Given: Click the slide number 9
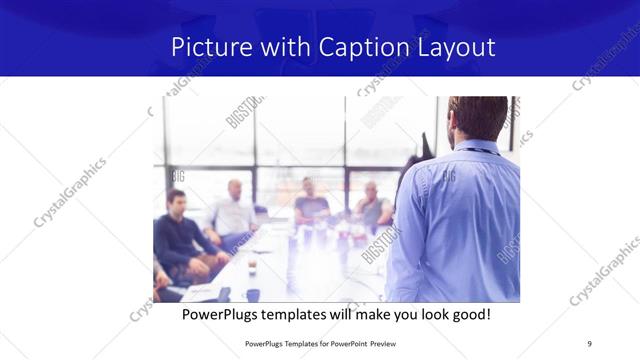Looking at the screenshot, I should pos(589,343).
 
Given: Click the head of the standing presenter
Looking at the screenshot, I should pos(477,118).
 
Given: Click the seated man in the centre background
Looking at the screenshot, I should pos(309,202).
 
